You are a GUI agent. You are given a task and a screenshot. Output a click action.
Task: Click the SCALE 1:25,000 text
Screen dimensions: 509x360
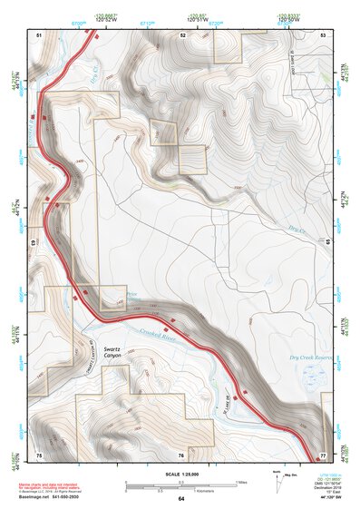[x=180, y=475]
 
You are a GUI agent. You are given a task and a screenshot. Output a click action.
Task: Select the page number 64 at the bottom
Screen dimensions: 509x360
[x=180, y=499]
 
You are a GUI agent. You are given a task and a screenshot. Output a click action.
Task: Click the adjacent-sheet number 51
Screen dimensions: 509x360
[x=39, y=34]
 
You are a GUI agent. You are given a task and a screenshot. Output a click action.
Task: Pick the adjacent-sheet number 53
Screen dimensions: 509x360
[x=323, y=34]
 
